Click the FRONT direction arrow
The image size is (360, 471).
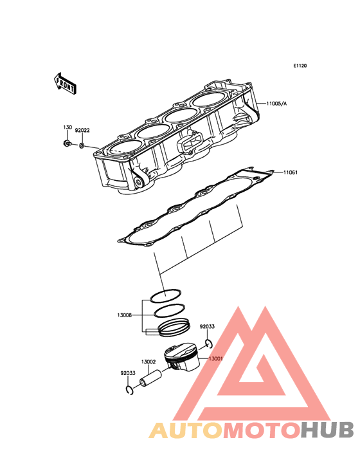tap(65, 84)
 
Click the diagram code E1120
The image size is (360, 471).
tap(300, 66)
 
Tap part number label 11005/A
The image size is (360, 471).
tap(276, 104)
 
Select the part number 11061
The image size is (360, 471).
tap(290, 172)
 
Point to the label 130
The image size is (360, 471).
tap(67, 127)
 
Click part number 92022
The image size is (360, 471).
tap(82, 131)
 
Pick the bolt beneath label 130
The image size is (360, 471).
tap(67, 143)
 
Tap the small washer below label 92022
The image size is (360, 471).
tap(82, 146)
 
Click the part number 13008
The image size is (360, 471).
tap(125, 315)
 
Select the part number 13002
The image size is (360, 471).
tap(148, 362)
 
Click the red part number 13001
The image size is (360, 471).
tap(216, 358)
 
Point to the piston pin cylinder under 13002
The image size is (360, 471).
tap(150, 379)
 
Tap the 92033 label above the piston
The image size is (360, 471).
tap(207, 326)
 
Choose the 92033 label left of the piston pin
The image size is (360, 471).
tap(128, 373)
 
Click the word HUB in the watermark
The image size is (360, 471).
tap(328, 430)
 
